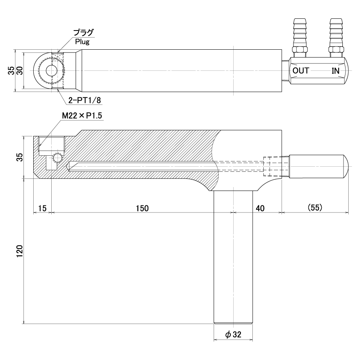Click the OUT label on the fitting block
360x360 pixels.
(x=301, y=71)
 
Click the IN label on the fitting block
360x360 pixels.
(x=335, y=71)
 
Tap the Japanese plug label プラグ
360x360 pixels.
(x=84, y=33)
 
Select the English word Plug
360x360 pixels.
(x=82, y=42)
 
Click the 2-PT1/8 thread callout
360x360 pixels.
(x=85, y=100)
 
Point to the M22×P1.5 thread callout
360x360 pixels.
(x=82, y=115)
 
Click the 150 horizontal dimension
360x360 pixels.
(x=142, y=208)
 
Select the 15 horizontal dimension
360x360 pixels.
(x=42, y=208)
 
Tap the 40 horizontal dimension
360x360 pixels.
(x=260, y=208)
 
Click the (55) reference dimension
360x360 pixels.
(x=315, y=207)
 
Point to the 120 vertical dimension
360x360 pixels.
(x=20, y=251)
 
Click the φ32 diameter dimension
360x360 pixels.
(x=233, y=335)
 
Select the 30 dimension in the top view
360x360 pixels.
(x=20, y=70)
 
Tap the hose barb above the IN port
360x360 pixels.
(x=336, y=32)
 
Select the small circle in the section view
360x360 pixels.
(x=57, y=158)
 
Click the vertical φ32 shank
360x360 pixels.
(x=233, y=257)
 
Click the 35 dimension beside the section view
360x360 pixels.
(x=20, y=157)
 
